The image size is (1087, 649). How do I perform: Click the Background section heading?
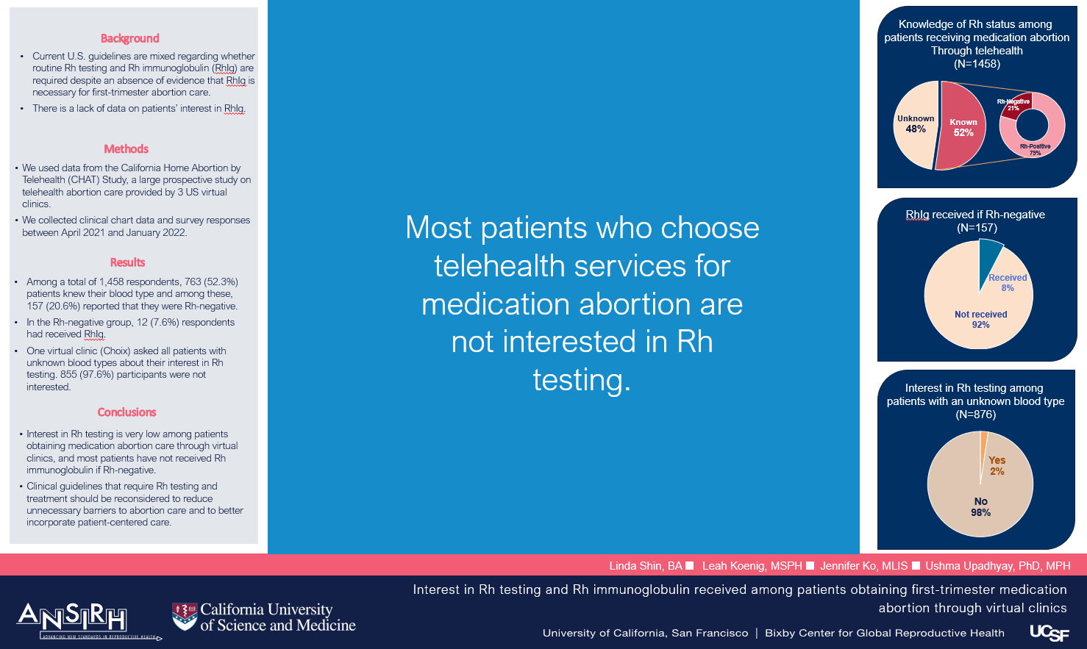[129, 38]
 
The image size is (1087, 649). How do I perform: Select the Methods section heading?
[126, 149]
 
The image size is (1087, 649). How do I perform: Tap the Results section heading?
[128, 262]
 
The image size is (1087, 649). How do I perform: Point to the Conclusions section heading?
[126, 412]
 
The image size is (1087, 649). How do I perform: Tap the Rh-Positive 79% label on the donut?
[1035, 149]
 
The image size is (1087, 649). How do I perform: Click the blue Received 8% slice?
[991, 257]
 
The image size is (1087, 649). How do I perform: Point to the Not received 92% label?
[980, 320]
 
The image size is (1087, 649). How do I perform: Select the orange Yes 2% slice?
[983, 446]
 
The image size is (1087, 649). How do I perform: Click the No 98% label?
[980, 507]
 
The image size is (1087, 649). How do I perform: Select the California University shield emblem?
[185, 617]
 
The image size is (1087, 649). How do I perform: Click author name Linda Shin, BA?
[646, 565]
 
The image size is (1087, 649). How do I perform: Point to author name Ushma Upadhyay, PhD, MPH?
[998, 565]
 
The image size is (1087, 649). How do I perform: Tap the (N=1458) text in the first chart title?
[977, 63]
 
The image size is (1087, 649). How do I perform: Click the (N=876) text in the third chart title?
[975, 415]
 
